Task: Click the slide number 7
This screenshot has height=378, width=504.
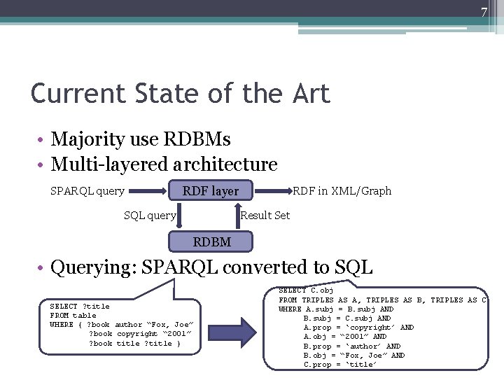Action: (483, 13)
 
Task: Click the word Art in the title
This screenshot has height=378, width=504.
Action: (307, 93)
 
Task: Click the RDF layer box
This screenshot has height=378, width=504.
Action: (210, 190)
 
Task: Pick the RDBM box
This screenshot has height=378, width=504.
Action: (211, 242)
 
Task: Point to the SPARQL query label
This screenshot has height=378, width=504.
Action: (87, 190)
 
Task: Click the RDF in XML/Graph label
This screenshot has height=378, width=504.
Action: (342, 190)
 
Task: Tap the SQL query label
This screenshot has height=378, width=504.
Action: (149, 216)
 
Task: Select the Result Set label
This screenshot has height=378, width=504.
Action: (265, 216)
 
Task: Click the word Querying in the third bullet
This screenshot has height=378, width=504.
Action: (93, 267)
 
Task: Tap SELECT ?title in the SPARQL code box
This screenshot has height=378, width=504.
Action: (80, 306)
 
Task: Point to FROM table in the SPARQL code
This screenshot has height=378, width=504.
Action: (73, 315)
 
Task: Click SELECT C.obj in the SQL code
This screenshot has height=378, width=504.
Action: (306, 290)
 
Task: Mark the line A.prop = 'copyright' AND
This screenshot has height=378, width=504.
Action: (358, 327)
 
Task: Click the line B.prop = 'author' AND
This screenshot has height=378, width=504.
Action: (352, 346)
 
